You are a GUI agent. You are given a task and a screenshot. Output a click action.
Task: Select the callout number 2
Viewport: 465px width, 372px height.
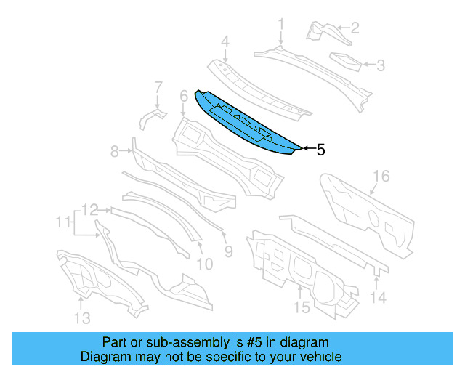click(x=355, y=29)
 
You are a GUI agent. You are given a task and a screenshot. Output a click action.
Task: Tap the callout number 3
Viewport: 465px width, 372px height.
click(x=380, y=65)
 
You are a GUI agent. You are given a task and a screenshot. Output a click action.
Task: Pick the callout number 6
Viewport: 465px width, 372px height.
click(x=183, y=94)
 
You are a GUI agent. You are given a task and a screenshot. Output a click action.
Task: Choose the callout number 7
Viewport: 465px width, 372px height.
click(x=158, y=87)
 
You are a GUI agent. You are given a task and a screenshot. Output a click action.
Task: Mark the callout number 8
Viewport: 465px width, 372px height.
click(x=114, y=151)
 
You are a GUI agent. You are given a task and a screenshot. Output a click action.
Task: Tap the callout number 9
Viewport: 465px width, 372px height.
click(x=227, y=251)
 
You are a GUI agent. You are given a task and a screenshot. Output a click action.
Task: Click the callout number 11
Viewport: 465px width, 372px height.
click(x=65, y=220)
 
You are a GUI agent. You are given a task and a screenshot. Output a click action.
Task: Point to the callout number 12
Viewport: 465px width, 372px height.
click(x=89, y=210)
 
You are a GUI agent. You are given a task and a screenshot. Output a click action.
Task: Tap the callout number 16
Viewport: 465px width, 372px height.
click(x=381, y=177)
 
